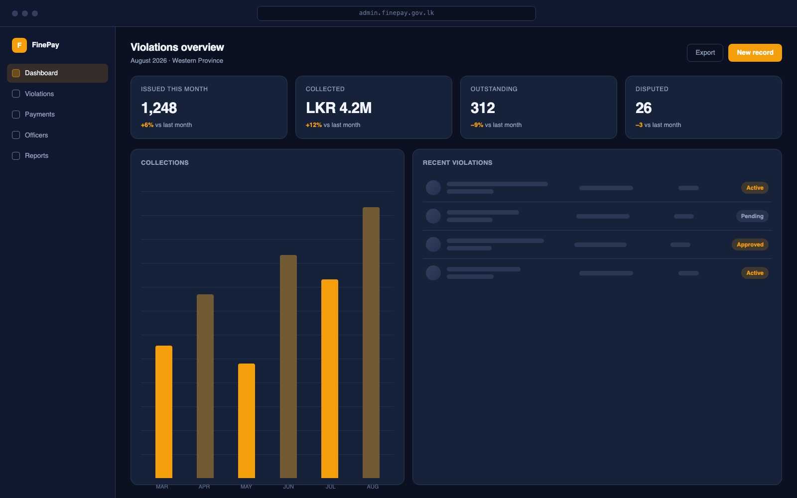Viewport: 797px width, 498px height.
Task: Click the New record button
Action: (x=755, y=53)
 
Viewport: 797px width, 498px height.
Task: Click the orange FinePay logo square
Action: (x=19, y=45)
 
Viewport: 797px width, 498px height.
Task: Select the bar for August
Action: (x=371, y=343)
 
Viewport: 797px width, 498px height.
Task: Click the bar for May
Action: (x=247, y=421)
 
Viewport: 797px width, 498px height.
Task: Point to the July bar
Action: (x=330, y=379)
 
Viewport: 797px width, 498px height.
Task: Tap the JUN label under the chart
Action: (x=288, y=487)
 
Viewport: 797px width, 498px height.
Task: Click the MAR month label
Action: (x=162, y=487)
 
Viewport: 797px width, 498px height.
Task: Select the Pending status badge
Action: (x=752, y=216)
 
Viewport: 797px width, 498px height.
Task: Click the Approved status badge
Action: (x=750, y=245)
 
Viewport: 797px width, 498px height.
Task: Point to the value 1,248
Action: (x=159, y=108)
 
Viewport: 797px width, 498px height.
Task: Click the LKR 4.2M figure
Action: (x=338, y=108)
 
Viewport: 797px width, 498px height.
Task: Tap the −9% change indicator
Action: (x=477, y=125)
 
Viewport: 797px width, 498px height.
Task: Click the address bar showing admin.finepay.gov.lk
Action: (x=397, y=13)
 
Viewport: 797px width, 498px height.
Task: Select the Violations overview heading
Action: (x=177, y=47)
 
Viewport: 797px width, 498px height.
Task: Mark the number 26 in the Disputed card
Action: (x=643, y=108)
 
